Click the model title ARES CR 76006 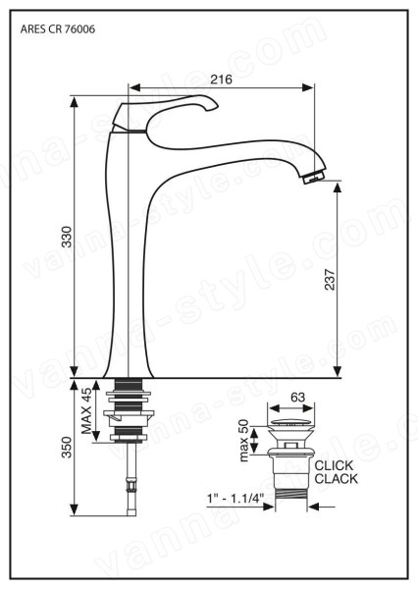point(58,28)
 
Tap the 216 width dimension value point(221,80)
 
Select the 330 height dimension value point(67,237)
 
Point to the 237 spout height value point(330,279)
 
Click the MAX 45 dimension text point(86,411)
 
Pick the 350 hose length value point(67,447)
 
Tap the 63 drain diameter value point(298,397)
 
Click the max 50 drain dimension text point(243,440)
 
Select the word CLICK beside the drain point(334,465)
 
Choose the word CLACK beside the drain point(337,479)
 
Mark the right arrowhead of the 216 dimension point(308,88)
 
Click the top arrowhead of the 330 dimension point(75,102)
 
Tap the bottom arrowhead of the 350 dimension point(75,509)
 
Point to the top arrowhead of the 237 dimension point(338,187)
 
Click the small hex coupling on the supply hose point(131,487)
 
